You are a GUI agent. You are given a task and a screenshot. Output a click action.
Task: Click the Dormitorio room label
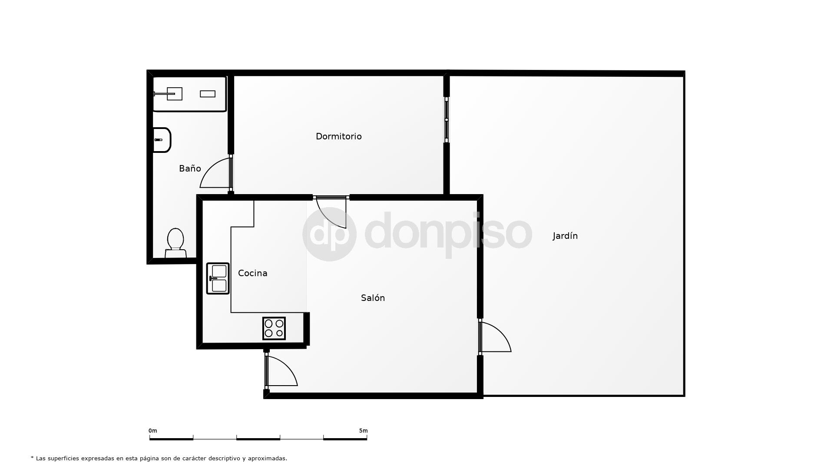[338, 136]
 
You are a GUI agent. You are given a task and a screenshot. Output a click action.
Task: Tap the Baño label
[190, 168]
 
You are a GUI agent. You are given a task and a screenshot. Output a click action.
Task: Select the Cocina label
[252, 273]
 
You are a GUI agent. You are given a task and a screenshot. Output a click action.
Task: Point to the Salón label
[373, 298]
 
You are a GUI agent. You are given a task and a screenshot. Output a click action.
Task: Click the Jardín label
[565, 236]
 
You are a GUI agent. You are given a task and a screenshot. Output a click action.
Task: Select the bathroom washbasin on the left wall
[162, 140]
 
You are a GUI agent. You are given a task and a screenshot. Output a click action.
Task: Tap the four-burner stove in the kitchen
[274, 328]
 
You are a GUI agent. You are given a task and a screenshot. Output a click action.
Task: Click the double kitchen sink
[218, 278]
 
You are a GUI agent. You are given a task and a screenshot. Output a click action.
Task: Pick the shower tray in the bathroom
[189, 94]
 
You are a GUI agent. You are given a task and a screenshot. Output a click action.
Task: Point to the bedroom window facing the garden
[447, 120]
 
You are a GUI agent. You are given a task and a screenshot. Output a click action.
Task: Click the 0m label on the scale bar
[152, 431]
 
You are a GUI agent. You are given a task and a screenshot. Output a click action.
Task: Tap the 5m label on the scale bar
[363, 431]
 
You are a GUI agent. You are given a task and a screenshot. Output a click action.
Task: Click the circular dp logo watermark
[329, 234]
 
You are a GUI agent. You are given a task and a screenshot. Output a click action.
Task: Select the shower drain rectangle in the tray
[207, 94]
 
